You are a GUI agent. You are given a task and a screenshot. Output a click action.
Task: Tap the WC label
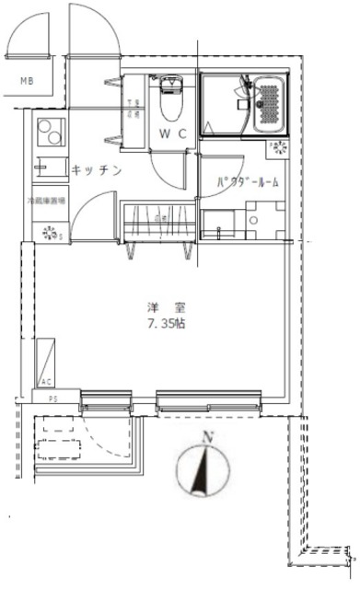coord(175,133)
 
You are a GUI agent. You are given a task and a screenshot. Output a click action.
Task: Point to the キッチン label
coord(96,169)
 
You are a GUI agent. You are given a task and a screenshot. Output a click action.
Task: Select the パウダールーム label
coord(247,183)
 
